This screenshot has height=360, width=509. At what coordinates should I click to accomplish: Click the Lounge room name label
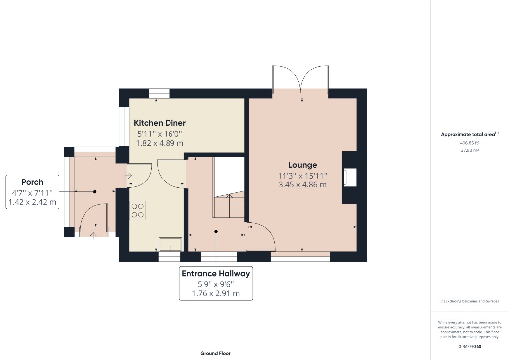pyautogui.click(x=302, y=165)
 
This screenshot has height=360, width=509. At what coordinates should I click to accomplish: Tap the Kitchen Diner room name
pyautogui.click(x=160, y=123)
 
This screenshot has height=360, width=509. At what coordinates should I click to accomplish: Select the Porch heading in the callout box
pyautogui.click(x=32, y=182)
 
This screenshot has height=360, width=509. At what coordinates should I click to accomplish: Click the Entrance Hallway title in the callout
pyautogui.click(x=216, y=273)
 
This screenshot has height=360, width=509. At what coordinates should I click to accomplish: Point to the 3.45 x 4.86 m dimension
pyautogui.click(x=302, y=184)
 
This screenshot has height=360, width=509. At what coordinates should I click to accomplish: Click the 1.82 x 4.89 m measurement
pyautogui.click(x=160, y=143)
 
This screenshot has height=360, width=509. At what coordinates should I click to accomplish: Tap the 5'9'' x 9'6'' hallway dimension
pyautogui.click(x=216, y=284)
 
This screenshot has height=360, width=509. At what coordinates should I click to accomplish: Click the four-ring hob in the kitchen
pyautogui.click(x=138, y=210)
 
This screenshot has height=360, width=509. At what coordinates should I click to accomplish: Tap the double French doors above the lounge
pyautogui.click(x=300, y=79)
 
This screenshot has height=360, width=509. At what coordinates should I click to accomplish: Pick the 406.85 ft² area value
pyautogui.click(x=469, y=143)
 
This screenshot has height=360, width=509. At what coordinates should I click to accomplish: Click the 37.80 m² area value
pyautogui.click(x=469, y=150)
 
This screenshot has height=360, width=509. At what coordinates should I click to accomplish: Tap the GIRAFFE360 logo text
pyautogui.click(x=469, y=346)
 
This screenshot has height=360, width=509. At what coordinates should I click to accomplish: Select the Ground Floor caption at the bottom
pyautogui.click(x=215, y=353)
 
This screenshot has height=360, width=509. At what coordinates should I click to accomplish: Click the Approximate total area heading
pyautogui.click(x=469, y=134)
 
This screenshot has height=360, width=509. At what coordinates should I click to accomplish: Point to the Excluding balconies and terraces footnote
pyautogui.click(x=469, y=301)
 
